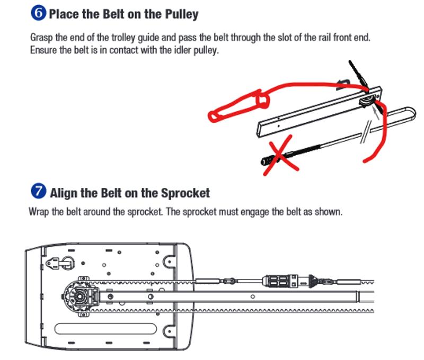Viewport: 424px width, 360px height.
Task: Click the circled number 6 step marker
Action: point(39,14)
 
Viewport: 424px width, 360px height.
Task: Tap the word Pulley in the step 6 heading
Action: point(180,14)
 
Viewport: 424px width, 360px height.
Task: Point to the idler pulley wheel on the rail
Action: point(366,102)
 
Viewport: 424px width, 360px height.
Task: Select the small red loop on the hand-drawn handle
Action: point(261,99)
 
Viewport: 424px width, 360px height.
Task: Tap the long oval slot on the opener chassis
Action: point(107,330)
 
